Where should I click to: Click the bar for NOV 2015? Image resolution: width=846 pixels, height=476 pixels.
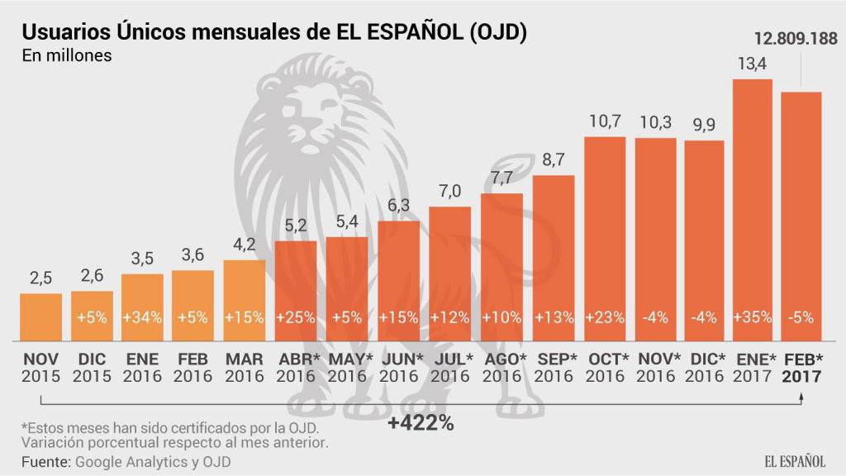click(40, 317)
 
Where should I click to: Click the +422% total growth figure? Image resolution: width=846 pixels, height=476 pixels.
click(421, 424)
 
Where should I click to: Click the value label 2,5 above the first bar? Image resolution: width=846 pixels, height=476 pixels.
click(40, 278)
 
